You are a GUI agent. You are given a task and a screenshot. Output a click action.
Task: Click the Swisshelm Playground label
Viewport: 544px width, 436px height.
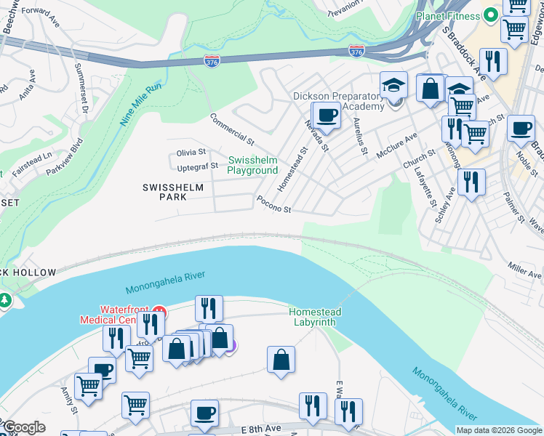pos(252,165)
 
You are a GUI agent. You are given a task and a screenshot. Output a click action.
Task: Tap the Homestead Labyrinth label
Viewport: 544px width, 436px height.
pos(315,317)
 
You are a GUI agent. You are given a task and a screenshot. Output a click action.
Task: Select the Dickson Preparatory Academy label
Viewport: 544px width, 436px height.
pos(337,101)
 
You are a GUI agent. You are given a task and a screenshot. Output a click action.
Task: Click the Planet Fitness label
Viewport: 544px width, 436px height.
pos(449,15)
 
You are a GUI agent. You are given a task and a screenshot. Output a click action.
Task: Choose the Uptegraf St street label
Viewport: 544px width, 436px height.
pos(197,166)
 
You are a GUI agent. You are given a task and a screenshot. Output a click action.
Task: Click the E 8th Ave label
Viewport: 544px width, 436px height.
pos(261,429)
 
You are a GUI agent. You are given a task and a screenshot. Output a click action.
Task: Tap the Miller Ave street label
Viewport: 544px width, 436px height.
pos(525,271)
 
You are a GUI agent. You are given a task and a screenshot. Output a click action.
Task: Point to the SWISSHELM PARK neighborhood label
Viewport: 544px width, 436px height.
pos(173,192)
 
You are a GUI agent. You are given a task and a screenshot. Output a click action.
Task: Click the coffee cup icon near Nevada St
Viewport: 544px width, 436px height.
pos(327,116)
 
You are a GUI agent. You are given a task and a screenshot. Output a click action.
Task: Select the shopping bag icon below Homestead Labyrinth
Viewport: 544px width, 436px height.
pos(281,360)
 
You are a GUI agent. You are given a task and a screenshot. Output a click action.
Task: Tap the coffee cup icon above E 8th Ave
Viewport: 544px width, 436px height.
pos(204,413)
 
